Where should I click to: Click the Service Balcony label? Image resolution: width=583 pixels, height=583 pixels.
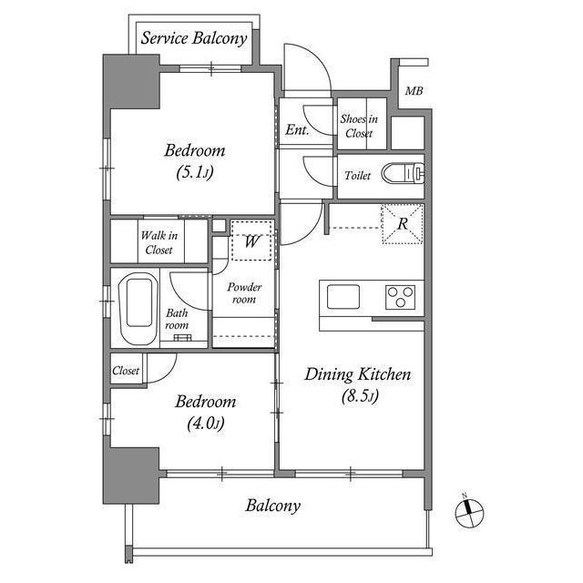(193, 38)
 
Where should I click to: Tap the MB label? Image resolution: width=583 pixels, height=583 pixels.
(414, 91)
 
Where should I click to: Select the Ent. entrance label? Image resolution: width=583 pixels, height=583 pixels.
(296, 130)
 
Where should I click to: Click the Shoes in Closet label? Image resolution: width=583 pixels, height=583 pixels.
(357, 126)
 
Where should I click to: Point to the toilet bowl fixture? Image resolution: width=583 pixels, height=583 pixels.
(401, 172)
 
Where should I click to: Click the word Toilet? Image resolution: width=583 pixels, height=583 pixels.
(357, 175)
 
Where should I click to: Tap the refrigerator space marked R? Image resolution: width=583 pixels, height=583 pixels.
(402, 223)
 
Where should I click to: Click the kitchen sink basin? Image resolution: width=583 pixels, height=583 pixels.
(343, 298)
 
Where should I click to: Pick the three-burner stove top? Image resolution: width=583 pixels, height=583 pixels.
(400, 298)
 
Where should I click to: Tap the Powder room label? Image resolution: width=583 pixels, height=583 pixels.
(244, 293)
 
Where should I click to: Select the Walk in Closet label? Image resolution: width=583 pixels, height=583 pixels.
(159, 242)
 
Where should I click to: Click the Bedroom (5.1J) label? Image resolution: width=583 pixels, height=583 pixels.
(194, 160)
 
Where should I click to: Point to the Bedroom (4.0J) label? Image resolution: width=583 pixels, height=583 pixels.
(206, 411)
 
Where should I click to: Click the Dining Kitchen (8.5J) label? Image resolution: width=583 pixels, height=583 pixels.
(358, 384)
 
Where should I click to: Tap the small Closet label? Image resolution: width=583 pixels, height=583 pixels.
(127, 371)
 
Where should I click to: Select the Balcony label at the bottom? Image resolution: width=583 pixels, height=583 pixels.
(272, 506)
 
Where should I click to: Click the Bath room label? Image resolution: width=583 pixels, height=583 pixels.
(177, 319)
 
